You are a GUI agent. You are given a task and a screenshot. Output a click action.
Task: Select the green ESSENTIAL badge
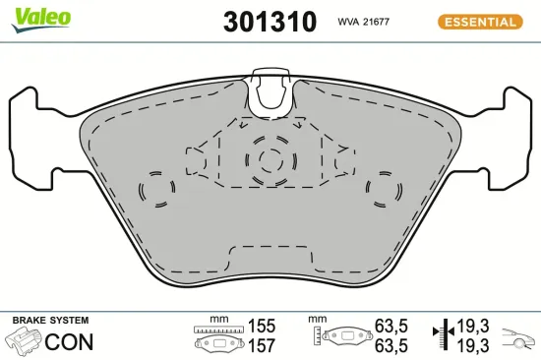click(477, 21)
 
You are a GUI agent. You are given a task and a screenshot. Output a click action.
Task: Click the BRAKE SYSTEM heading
click(50, 321)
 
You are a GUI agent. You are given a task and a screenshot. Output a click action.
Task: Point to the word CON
click(71, 342)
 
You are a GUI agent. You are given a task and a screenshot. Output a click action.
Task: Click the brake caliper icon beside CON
click(23, 342)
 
